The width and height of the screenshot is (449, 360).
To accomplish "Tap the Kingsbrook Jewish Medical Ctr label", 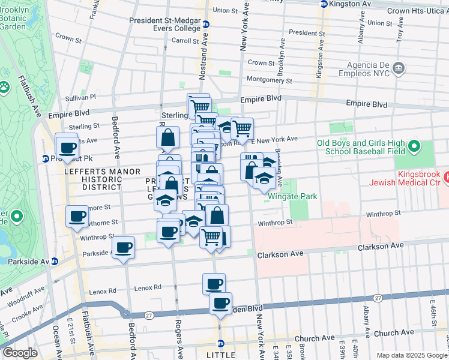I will pos(414,178).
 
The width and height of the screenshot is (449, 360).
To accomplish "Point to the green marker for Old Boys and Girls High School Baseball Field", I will pos(414,147).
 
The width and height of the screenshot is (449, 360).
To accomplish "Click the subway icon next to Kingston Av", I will pos(324,4).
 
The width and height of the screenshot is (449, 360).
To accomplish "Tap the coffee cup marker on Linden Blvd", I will pos(221,303).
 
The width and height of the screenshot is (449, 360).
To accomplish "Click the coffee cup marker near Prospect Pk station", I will pos(67,147).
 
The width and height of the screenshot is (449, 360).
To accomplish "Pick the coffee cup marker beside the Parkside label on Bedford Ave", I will pos(124,247).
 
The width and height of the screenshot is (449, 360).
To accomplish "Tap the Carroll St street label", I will pos(185,41).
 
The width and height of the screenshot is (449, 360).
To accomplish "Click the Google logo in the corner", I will pos(20,353).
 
